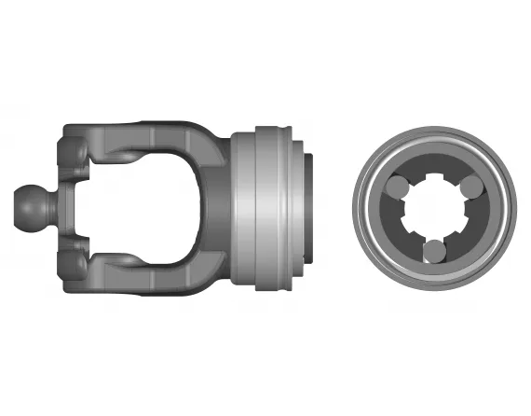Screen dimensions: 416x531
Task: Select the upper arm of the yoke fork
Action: tap(140, 138)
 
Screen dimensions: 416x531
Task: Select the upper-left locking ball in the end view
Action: tap(395, 187)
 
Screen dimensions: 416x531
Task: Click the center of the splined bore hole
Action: tap(434, 210)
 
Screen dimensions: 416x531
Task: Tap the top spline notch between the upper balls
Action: tap(434, 177)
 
